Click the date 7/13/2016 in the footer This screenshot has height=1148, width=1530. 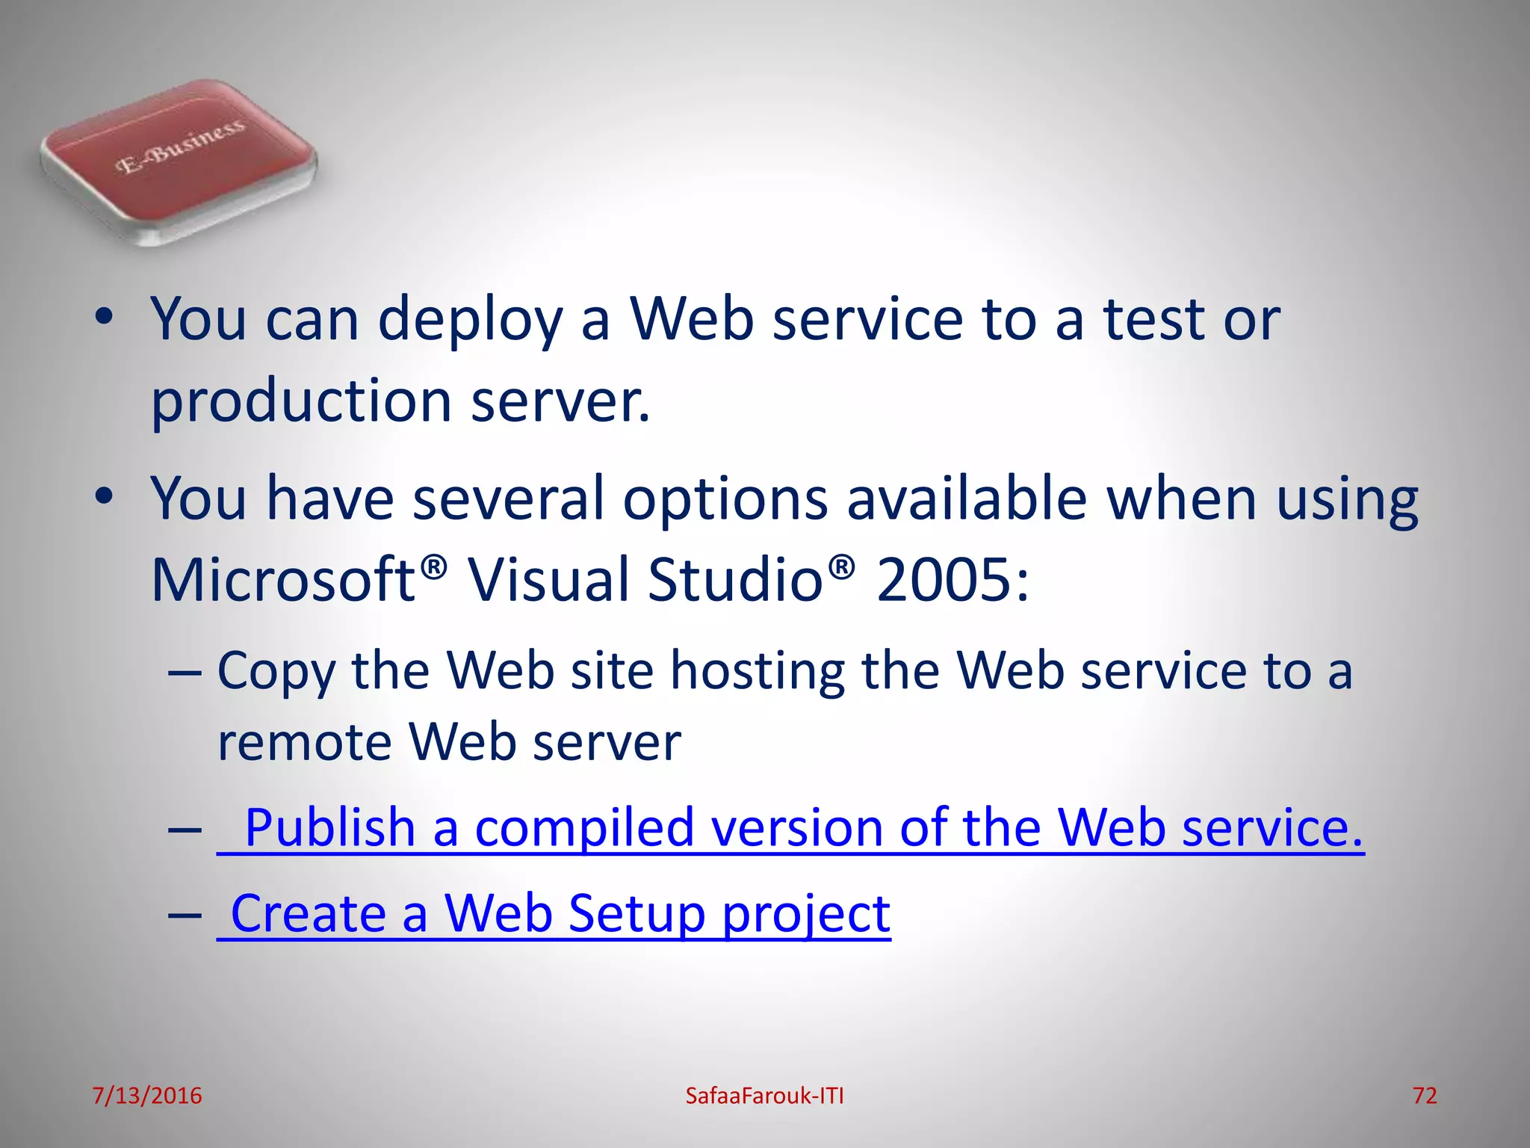[146, 1096]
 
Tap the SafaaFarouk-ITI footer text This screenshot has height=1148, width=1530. [764, 1096]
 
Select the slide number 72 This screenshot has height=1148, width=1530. [1425, 1096]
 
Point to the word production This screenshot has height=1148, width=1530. [301, 401]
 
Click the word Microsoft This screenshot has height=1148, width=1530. [282, 580]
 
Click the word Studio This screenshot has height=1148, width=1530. [734, 580]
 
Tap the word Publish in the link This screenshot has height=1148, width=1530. [329, 828]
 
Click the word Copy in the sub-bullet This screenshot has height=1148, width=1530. [276, 671]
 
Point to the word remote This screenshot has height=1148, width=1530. [304, 742]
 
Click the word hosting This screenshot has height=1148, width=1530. [757, 671]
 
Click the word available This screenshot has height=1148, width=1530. [966, 499]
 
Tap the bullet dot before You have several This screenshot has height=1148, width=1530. [104, 496]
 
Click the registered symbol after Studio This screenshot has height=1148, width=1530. [841, 567]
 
